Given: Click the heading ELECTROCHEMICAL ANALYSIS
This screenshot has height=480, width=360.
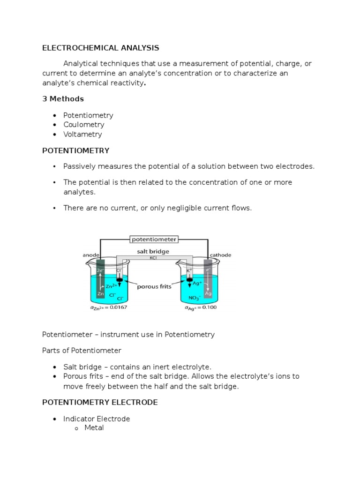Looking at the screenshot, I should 100,48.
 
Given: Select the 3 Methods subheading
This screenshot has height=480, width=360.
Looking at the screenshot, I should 63,99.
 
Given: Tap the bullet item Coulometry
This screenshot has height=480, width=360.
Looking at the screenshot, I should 84,125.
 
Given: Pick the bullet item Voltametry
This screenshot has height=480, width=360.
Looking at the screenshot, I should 82,134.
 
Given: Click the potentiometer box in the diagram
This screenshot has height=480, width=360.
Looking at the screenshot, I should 154,239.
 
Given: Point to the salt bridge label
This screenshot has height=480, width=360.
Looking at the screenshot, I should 153,251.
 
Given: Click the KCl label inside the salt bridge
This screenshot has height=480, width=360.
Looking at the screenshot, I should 153,257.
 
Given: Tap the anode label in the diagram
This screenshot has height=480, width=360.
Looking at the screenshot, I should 91,255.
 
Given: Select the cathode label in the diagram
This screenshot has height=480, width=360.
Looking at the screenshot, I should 220,255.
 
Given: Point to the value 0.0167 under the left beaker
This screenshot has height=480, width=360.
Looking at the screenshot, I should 116,307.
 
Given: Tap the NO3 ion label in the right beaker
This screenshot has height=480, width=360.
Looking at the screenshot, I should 194,298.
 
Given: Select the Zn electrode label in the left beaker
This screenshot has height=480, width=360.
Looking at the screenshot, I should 100,294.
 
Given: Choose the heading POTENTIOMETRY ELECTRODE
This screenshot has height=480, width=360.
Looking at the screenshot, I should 100,403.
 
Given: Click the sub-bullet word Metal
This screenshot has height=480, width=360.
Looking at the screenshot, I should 94,427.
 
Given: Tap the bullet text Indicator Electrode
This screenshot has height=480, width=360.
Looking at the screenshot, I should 97,419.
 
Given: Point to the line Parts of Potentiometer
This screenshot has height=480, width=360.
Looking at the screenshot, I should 82,351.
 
